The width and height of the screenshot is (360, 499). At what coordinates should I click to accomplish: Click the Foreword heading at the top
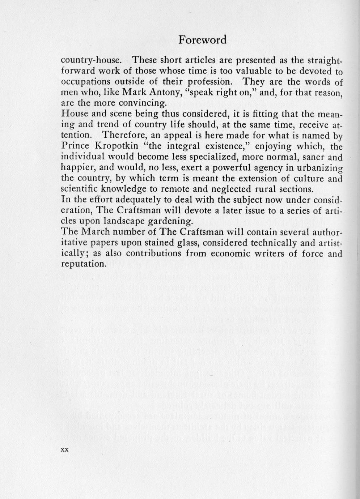202,40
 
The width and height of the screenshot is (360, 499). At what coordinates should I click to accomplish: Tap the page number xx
65,450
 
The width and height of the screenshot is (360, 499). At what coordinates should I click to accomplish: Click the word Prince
75,146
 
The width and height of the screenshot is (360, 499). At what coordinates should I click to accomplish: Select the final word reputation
83,264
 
